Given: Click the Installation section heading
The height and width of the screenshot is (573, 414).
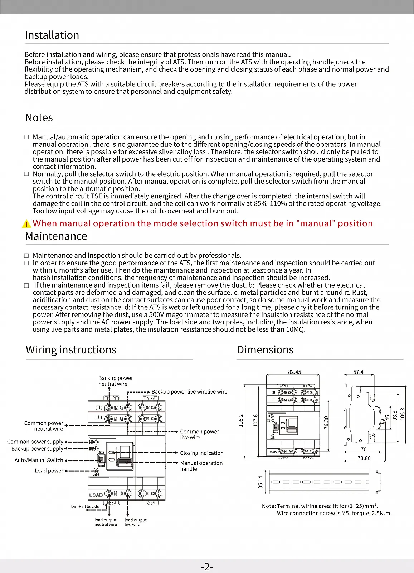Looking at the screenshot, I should tap(52, 35).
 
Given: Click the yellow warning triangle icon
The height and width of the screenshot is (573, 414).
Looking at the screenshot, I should tap(26, 224).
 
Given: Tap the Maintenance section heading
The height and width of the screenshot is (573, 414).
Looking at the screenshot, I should tap(56, 236).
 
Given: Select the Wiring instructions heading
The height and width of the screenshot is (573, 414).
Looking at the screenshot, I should tap(71, 350).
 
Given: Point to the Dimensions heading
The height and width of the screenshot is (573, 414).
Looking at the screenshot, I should tap(265, 350).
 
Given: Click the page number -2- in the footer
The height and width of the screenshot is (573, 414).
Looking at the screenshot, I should tap(207, 567).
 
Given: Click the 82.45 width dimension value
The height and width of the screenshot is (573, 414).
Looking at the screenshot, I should tap(294, 372).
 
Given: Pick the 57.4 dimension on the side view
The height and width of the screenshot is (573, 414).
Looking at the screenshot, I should tap(358, 372).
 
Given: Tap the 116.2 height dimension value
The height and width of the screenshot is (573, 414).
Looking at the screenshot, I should tap(241, 421).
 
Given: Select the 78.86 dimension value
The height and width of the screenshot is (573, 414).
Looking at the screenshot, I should tap(364, 458).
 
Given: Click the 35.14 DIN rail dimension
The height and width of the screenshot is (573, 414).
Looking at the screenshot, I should tap(260, 482).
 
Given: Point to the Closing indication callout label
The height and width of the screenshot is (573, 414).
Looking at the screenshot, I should tap(201, 453).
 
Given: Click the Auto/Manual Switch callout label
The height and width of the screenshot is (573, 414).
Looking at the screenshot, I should tap(39, 461).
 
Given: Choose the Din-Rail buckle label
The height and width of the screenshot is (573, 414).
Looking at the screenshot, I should tap(85, 506).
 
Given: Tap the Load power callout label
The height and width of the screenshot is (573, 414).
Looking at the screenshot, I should tap(49, 471).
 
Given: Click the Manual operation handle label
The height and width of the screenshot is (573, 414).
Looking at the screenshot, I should tap(201, 466).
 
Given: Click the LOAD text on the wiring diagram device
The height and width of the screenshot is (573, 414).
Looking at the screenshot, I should tap(96, 495).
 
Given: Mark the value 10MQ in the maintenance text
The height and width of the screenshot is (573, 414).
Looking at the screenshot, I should tap(296, 329).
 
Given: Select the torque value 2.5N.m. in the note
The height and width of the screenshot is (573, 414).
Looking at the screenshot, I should tap(380, 514).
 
